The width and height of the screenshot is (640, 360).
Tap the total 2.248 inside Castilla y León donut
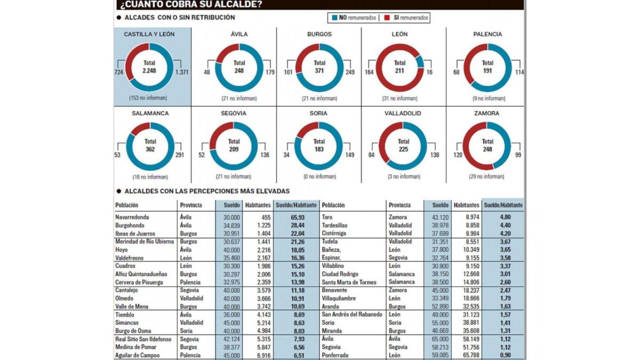[x=149, y=70]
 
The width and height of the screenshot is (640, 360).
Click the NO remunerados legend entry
[x=354, y=18]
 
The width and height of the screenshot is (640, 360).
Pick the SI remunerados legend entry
[x=406, y=18]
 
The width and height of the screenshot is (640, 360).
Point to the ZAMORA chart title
[x=486, y=113]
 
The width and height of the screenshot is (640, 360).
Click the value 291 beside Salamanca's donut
[x=179, y=155]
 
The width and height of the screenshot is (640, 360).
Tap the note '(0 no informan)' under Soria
[x=319, y=177]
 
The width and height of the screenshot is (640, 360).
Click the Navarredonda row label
[x=132, y=217]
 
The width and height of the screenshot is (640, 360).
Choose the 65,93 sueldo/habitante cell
[x=298, y=218]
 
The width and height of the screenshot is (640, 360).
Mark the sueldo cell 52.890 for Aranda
[x=440, y=307]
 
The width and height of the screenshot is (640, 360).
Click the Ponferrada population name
[x=335, y=355]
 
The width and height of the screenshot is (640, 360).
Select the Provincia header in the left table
[x=191, y=205]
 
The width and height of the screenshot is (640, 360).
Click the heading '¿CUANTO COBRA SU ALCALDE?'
[x=191, y=4]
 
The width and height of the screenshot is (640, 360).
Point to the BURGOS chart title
[x=319, y=34]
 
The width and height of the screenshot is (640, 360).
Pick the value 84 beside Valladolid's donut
[x=371, y=155]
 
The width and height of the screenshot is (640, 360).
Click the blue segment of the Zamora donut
[x=503, y=143]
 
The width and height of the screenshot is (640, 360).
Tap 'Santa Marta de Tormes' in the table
[x=349, y=282]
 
